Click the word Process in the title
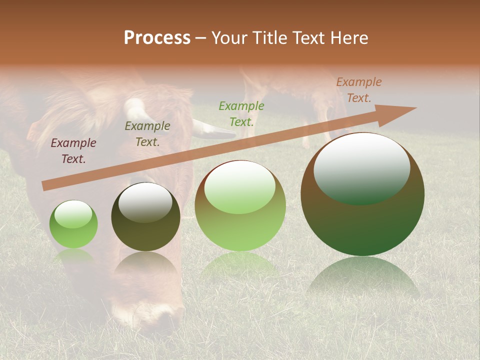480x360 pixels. click(157, 37)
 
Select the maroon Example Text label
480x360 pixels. click(73, 151)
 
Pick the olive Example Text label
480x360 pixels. click(147, 134)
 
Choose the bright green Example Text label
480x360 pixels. click(241, 113)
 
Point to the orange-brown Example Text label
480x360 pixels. click(359, 90)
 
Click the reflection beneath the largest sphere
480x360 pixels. click(363, 277)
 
